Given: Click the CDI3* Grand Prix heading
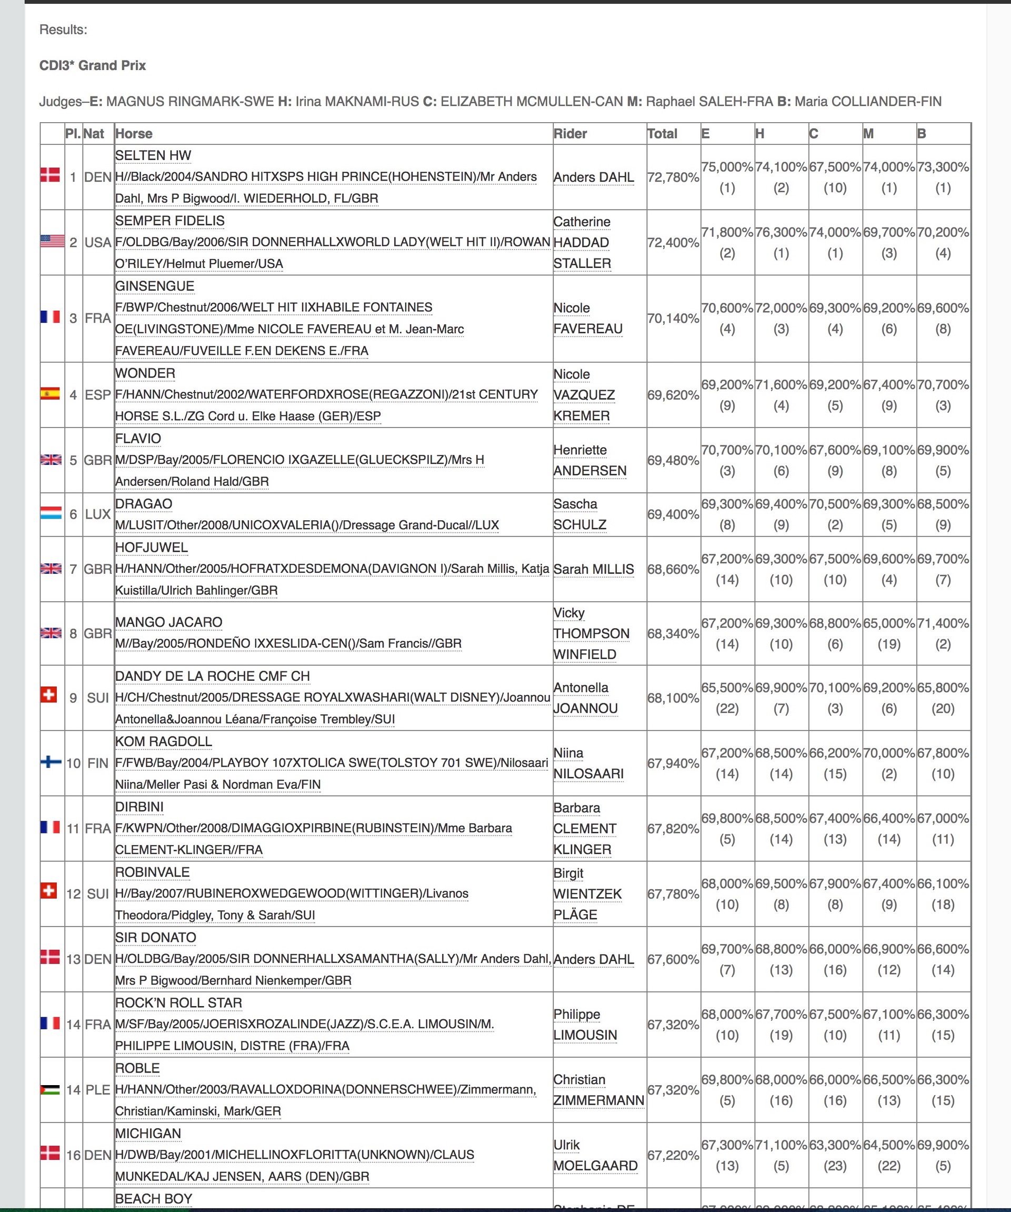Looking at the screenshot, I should (92, 65).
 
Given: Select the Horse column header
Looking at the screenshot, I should (134, 134).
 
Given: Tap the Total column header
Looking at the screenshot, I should (662, 134).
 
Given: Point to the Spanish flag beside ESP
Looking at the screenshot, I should (50, 394).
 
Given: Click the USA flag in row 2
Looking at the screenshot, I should (52, 241).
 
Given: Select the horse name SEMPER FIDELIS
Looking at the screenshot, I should (169, 221).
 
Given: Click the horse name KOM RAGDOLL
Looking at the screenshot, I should (163, 742).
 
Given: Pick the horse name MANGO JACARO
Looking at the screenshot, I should (168, 622).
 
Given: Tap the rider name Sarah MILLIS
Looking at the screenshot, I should (593, 569).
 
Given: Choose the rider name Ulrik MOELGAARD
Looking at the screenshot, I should (595, 1156).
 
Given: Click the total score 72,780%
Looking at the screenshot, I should (673, 177).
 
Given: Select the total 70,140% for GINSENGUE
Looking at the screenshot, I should (673, 318).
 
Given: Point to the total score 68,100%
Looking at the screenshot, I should (673, 698).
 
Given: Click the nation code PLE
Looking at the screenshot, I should (97, 1090).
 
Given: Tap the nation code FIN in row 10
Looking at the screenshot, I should (97, 763).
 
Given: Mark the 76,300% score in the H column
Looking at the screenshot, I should (781, 232).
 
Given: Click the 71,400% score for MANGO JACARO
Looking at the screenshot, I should (943, 623).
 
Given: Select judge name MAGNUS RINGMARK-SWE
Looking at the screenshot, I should (190, 102).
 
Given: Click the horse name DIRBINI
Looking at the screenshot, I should (139, 807).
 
